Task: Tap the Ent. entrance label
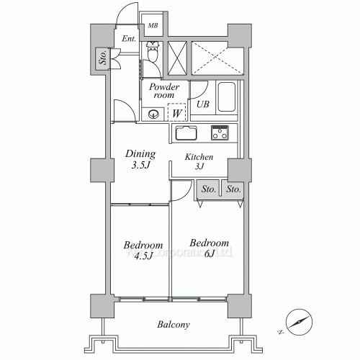click(x=130, y=39)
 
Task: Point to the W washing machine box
click(x=176, y=113)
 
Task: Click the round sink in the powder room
click(x=153, y=113)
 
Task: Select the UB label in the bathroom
click(x=203, y=105)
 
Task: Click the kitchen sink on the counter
click(x=186, y=133)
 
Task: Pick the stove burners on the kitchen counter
click(x=219, y=133)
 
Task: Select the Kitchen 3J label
click(x=199, y=162)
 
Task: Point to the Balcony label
click(x=173, y=325)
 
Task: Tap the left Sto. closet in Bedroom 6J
click(x=208, y=189)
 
